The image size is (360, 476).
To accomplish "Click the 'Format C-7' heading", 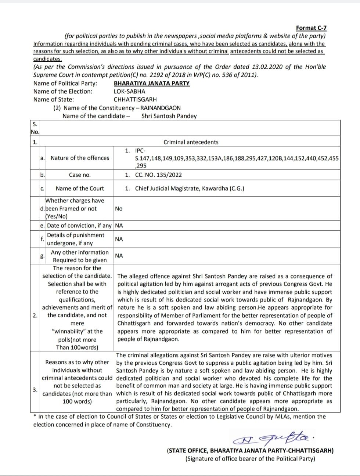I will click(x=311, y=28).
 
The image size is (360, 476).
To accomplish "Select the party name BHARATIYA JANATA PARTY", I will click(x=152, y=83).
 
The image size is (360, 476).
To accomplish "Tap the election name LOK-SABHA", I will click(x=129, y=91).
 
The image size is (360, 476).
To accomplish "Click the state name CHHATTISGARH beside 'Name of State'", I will click(x=135, y=99).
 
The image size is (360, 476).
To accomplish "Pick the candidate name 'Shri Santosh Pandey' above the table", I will click(x=169, y=116).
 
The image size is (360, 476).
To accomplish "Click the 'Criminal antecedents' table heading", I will click(x=191, y=142).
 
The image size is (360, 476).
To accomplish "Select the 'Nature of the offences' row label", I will click(x=80, y=158).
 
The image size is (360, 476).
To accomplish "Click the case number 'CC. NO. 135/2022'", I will click(x=158, y=175).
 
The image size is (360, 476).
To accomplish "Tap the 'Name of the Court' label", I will click(x=80, y=188).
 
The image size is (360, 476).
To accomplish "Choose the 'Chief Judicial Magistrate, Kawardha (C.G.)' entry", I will click(x=190, y=188).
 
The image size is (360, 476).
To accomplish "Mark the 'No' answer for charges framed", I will click(x=119, y=209).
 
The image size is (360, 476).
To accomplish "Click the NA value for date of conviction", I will click(x=119, y=225).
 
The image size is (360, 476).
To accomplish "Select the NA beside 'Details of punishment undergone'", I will click(x=119, y=239).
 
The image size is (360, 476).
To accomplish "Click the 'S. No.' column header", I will click(x=35, y=128).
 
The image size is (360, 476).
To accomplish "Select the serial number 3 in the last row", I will click(x=35, y=390).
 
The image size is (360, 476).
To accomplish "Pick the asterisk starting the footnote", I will click(x=35, y=416).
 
